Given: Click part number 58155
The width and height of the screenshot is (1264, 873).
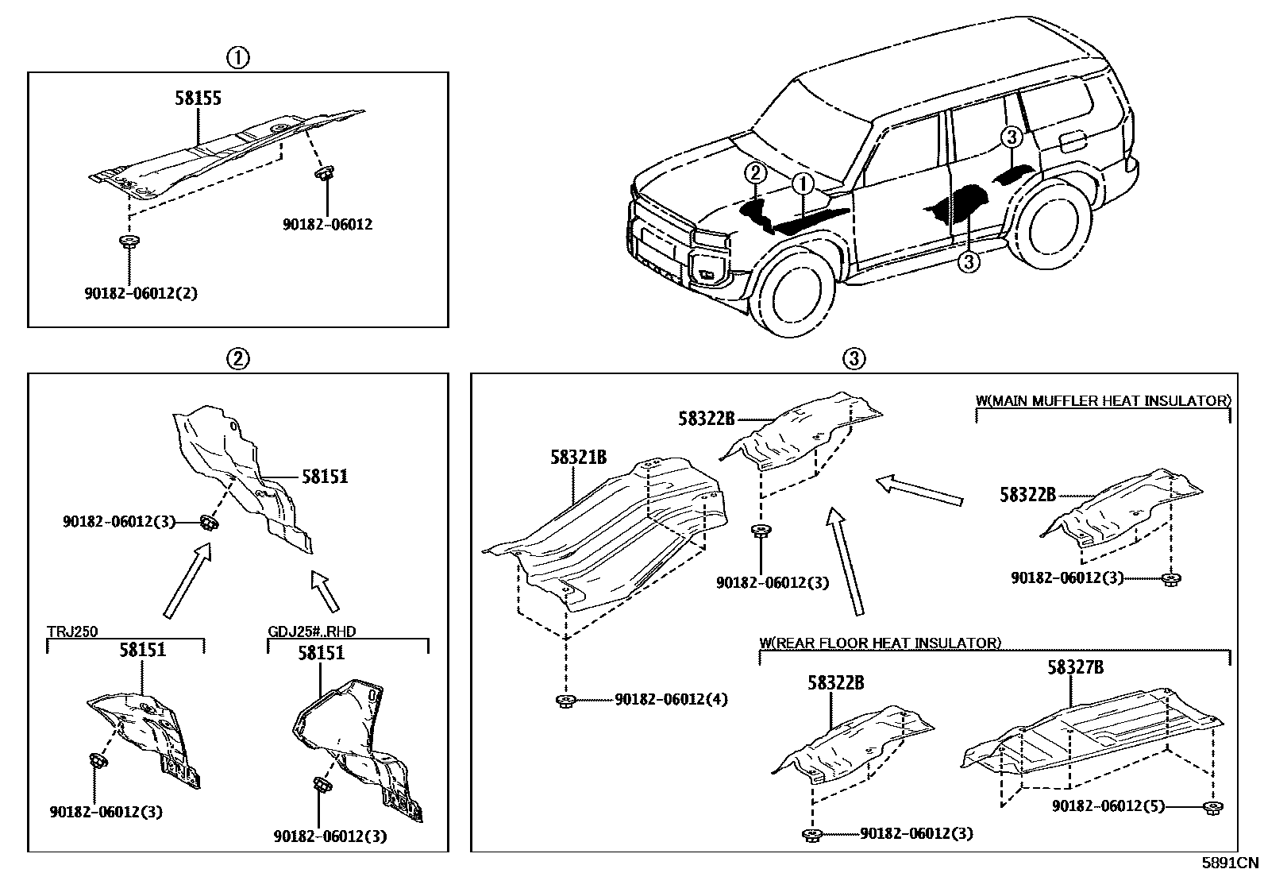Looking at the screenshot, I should (x=198, y=99).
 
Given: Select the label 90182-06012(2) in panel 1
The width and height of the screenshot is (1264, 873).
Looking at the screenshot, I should (x=141, y=292).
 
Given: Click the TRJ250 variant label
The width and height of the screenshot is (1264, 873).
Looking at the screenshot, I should (x=72, y=632).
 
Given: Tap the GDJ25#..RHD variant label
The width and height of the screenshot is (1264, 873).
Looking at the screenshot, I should (x=312, y=632).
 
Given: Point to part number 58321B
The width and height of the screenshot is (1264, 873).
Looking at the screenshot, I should (x=578, y=458).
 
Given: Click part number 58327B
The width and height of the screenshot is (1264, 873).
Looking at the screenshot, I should (x=1074, y=667).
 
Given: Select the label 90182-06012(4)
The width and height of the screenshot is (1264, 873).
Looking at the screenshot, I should (x=670, y=699).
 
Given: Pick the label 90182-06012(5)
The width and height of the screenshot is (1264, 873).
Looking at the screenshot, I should (x=1108, y=805).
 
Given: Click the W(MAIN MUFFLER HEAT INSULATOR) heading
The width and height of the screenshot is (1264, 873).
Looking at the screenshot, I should (x=1103, y=400).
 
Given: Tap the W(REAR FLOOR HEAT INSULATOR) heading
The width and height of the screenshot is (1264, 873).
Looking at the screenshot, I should (x=880, y=642).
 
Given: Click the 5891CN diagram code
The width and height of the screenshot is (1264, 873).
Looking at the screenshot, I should (x=1229, y=862).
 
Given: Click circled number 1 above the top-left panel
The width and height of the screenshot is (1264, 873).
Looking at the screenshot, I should (x=237, y=57).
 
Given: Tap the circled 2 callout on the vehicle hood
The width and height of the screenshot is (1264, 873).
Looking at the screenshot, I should (x=755, y=172).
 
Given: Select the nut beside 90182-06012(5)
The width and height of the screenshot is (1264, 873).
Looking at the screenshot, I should (x=1212, y=808).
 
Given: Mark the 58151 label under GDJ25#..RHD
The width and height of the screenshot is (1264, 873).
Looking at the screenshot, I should (x=322, y=653).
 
